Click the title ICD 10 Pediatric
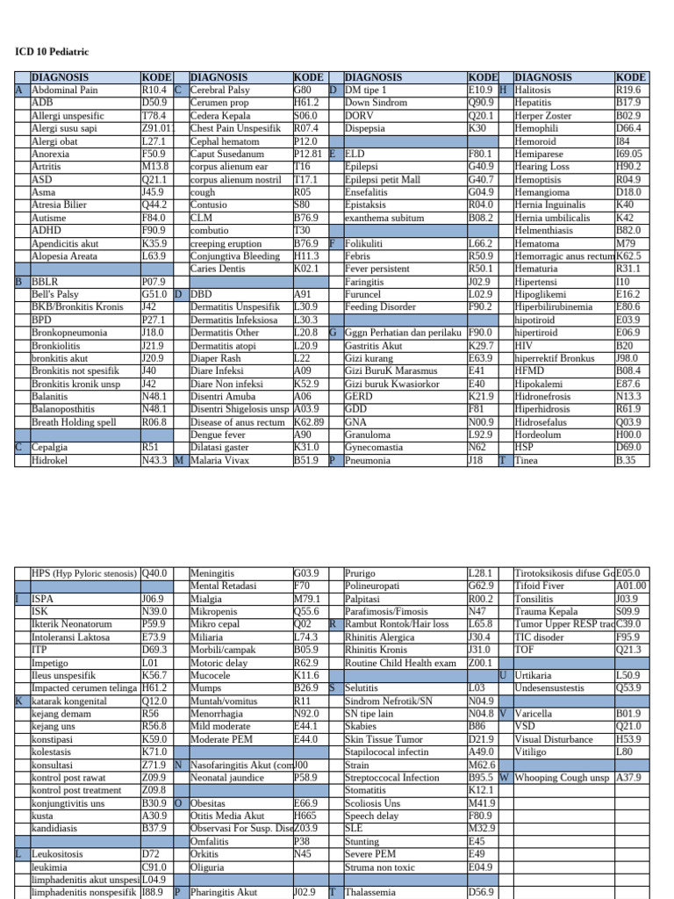(52, 52)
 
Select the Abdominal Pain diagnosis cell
(65, 90)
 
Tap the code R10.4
(154, 90)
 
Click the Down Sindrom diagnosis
(376, 103)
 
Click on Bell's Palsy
(57, 294)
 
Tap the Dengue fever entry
(219, 435)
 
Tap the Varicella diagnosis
(534, 715)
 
